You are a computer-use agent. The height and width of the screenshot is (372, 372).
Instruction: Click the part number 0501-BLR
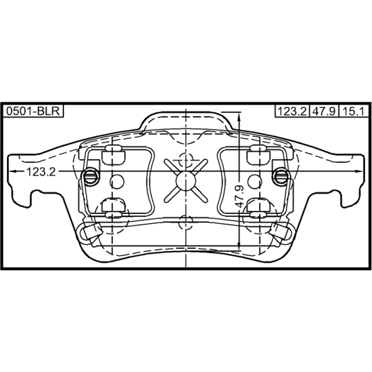tap(33, 111)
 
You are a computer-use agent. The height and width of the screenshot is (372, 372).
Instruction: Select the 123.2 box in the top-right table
tap(292, 111)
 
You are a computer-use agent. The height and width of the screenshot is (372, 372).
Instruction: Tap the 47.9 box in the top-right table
tap(324, 111)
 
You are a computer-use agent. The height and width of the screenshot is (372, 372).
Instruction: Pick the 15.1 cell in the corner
tap(354, 111)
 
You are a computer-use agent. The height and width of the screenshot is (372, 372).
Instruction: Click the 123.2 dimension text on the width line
tap(41, 172)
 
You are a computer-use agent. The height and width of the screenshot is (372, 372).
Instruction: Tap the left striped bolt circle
tap(91, 176)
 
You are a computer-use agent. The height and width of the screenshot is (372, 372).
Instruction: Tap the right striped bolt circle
tap(281, 176)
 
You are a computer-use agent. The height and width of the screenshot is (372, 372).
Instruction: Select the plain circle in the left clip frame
tap(117, 182)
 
